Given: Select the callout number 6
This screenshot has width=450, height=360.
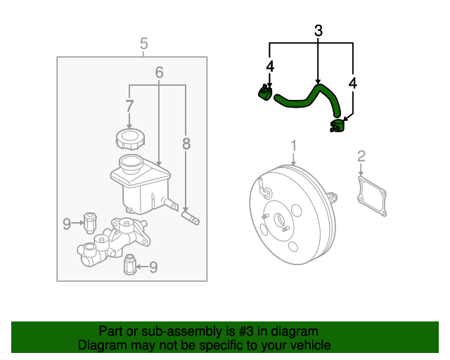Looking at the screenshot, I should pyautogui.click(x=159, y=72).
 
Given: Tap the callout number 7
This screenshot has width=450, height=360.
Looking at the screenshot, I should pyautogui.click(x=129, y=106).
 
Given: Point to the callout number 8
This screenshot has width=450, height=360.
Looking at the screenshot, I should pyautogui.click(x=186, y=144).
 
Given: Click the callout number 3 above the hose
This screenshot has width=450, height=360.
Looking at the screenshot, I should pyautogui.click(x=318, y=31).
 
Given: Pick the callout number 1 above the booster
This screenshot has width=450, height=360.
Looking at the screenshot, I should pyautogui.click(x=294, y=146).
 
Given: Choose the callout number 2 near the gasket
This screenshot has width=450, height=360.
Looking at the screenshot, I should pyautogui.click(x=361, y=155).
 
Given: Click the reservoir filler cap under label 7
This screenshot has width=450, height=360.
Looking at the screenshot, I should pyautogui.click(x=128, y=138).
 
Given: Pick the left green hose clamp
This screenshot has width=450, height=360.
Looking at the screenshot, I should pyautogui.click(x=265, y=94).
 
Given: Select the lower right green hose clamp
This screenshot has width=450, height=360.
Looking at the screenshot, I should pyautogui.click(x=337, y=126).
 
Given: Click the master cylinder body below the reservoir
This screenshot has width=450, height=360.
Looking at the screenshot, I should pyautogui.click(x=112, y=242).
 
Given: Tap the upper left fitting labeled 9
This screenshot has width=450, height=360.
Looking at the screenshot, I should pyautogui.click(x=90, y=221).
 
